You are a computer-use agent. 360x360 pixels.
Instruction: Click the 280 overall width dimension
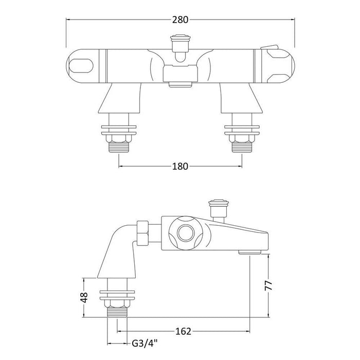pos(179,20)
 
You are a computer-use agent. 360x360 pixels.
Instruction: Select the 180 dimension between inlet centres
pos(181,166)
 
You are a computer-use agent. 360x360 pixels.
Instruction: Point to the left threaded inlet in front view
pos(119,145)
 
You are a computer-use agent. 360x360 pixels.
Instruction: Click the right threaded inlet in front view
pos(242,145)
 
